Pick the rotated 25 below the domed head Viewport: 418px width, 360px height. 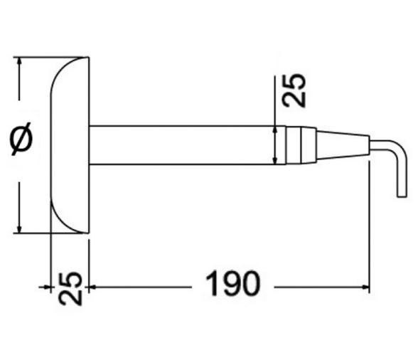point(70,288)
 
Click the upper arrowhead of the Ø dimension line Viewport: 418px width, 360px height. point(21,62)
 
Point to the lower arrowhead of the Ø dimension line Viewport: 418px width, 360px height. point(21,227)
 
